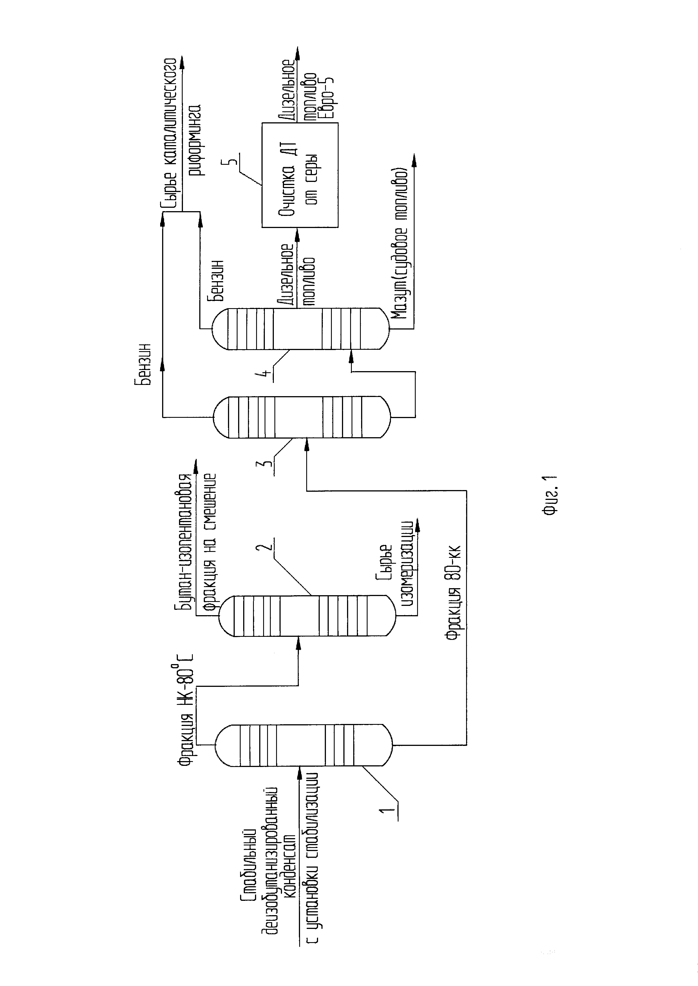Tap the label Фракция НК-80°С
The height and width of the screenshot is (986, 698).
click(186, 711)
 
